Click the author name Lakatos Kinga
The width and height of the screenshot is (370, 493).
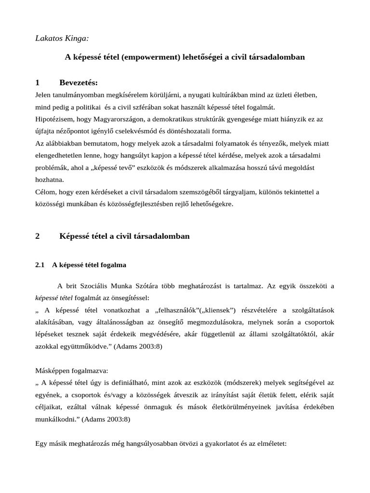(x=62, y=38)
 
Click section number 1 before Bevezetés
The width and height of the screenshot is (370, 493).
(x=38, y=82)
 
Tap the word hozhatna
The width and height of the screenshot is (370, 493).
(x=50, y=180)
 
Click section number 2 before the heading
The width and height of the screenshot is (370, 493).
(x=38, y=236)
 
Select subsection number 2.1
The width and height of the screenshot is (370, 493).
(x=40, y=265)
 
